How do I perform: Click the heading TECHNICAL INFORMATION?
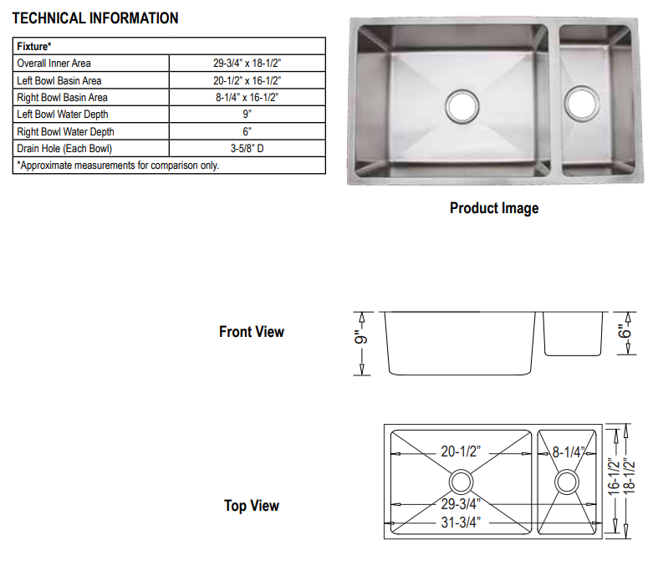(95, 18)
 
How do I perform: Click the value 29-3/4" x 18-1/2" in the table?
(247, 64)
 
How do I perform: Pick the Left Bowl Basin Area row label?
(59, 80)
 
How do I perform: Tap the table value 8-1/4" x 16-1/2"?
(247, 97)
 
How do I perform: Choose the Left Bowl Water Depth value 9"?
(247, 115)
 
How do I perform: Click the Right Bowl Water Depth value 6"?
(247, 131)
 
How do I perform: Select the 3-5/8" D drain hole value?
(247, 149)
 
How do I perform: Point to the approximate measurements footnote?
(118, 166)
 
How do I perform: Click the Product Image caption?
(494, 208)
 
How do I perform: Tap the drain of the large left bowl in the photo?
(462, 104)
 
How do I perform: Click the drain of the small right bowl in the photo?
(580, 101)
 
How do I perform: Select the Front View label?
(252, 332)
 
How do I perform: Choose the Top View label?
(252, 506)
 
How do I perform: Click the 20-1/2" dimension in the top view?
(461, 452)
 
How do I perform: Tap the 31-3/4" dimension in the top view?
(460, 523)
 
